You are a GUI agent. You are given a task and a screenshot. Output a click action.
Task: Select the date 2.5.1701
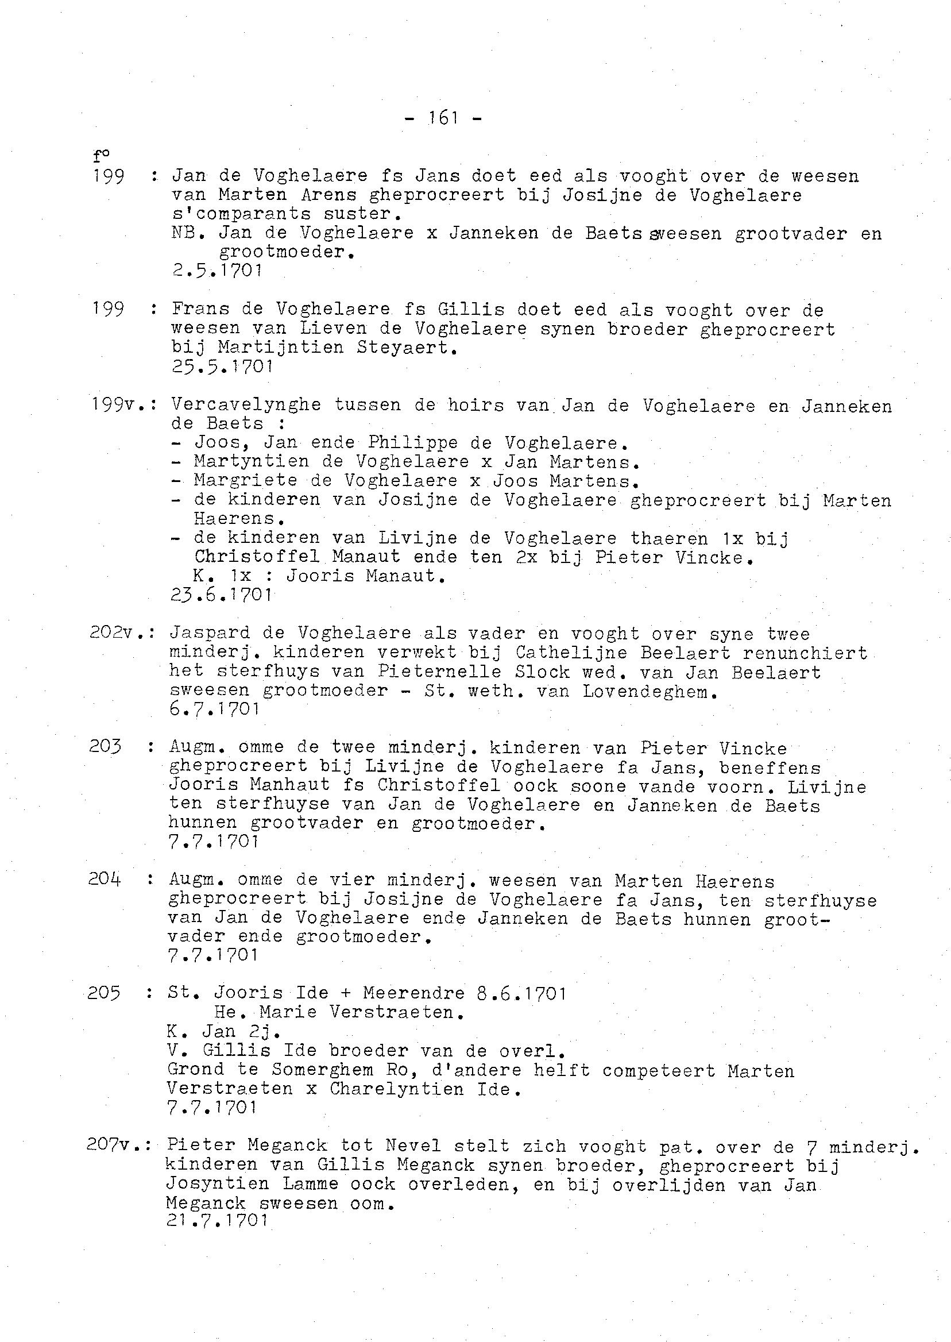pos(216,271)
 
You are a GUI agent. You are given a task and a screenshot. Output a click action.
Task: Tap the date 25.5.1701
pos(222,367)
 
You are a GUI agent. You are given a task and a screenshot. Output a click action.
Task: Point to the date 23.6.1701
pos(221,595)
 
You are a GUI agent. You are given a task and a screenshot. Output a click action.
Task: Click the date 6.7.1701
pos(214,709)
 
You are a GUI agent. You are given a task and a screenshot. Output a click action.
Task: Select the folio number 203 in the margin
pos(106,747)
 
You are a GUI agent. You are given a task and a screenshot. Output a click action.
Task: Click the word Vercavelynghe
pos(246,405)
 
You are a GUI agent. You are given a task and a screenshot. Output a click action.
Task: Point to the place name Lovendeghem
pos(650,691)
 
